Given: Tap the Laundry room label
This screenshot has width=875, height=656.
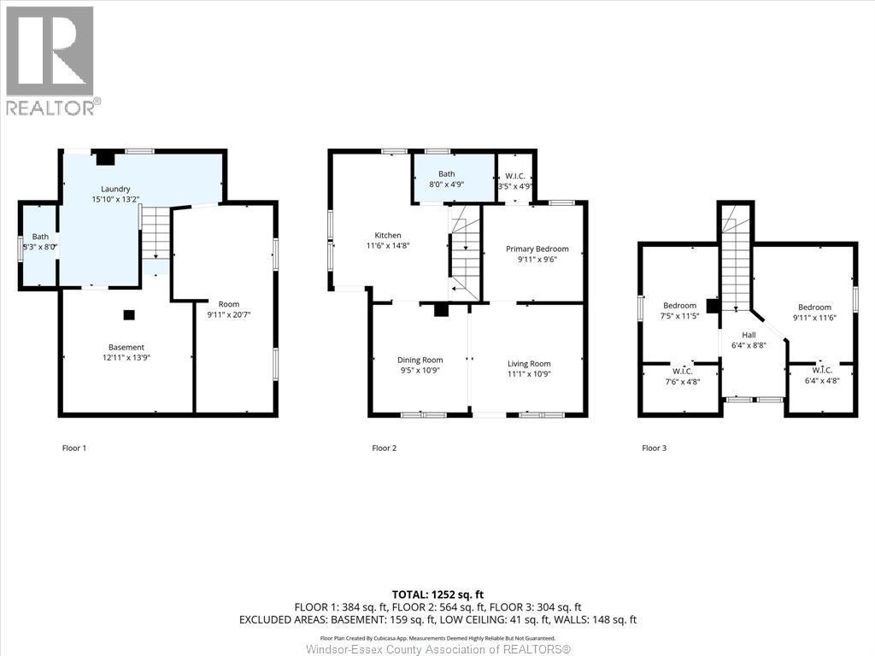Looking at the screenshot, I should tap(115, 189).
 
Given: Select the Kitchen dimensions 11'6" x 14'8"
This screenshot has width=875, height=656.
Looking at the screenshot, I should tap(387, 246).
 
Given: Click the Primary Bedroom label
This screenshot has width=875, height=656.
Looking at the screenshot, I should tap(537, 249).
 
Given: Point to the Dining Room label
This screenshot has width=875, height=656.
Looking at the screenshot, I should tap(420, 360).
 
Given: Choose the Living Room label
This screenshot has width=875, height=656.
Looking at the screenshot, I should tap(529, 364).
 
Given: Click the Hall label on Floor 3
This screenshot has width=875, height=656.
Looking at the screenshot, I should tap(749, 335).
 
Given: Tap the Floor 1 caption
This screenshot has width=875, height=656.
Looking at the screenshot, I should tap(74, 448).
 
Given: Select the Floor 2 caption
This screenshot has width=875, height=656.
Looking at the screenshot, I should tap(384, 448).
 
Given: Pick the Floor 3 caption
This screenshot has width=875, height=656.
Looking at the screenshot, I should tap(654, 448).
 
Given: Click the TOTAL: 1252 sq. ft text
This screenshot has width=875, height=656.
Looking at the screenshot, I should tap(437, 594).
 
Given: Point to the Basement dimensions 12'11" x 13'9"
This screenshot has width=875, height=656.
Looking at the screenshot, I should tap(126, 358).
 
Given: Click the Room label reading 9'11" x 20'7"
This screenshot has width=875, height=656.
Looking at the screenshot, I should tap(228, 309).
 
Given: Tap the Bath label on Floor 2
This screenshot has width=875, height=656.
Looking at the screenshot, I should tap(446, 173).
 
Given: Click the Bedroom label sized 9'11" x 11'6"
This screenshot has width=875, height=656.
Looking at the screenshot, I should tap(814, 313).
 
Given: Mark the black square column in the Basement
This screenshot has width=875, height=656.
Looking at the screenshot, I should tap(128, 314).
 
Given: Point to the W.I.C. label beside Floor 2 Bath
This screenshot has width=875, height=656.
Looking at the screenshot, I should tap(514, 180).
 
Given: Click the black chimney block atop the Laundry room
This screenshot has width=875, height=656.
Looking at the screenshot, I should tap(105, 157).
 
